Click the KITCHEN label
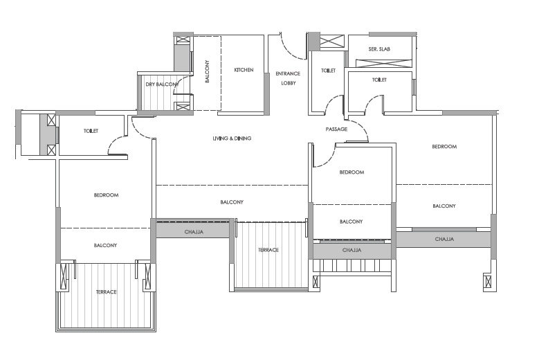pos(244,70)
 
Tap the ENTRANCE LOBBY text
pos(288,78)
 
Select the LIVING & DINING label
pos(232,138)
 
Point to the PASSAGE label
pos(336,129)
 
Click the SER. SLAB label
pos(379,49)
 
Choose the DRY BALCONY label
pos(162,84)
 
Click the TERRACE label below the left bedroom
pos(107,292)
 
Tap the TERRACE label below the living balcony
pos(268,250)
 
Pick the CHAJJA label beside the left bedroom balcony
pos(194,232)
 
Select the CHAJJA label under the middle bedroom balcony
pos(352,250)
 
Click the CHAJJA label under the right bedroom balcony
pos(444,239)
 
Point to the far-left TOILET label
pos(91,131)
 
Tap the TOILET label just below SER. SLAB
pos(379,80)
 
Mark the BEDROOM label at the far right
pos(444,147)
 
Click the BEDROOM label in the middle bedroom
pos(351,172)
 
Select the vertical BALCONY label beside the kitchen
pos(208,71)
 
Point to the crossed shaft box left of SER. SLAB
pos(332,41)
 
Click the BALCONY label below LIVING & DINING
pos(232,202)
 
